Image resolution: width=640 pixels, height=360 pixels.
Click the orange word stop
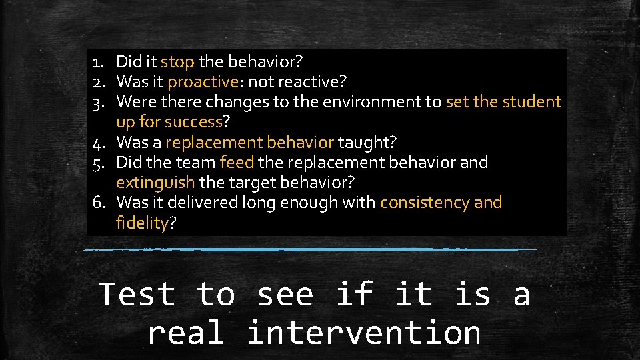pos(177,62)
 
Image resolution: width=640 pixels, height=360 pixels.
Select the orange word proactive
pos(203,82)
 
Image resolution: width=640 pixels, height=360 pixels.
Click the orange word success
pos(193,122)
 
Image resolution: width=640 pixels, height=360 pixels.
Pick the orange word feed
pos(236,162)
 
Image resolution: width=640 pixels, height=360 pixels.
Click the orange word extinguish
pos(155,182)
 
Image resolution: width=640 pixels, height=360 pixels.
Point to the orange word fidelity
pos(142,223)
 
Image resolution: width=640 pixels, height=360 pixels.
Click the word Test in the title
pos(137,294)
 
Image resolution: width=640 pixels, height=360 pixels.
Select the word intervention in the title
pos(363,332)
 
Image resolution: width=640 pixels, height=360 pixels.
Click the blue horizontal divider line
pos(310,249)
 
